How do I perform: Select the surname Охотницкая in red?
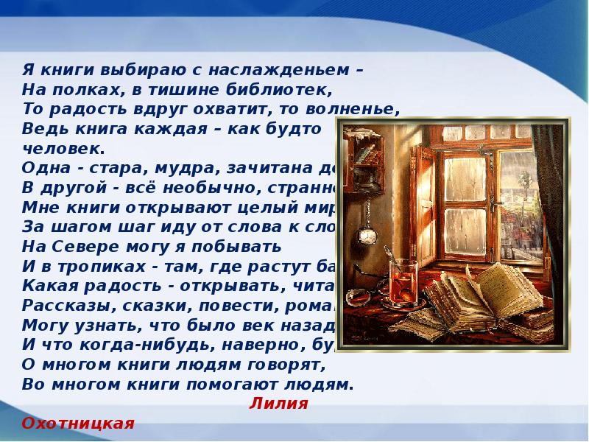pos(79,424)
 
